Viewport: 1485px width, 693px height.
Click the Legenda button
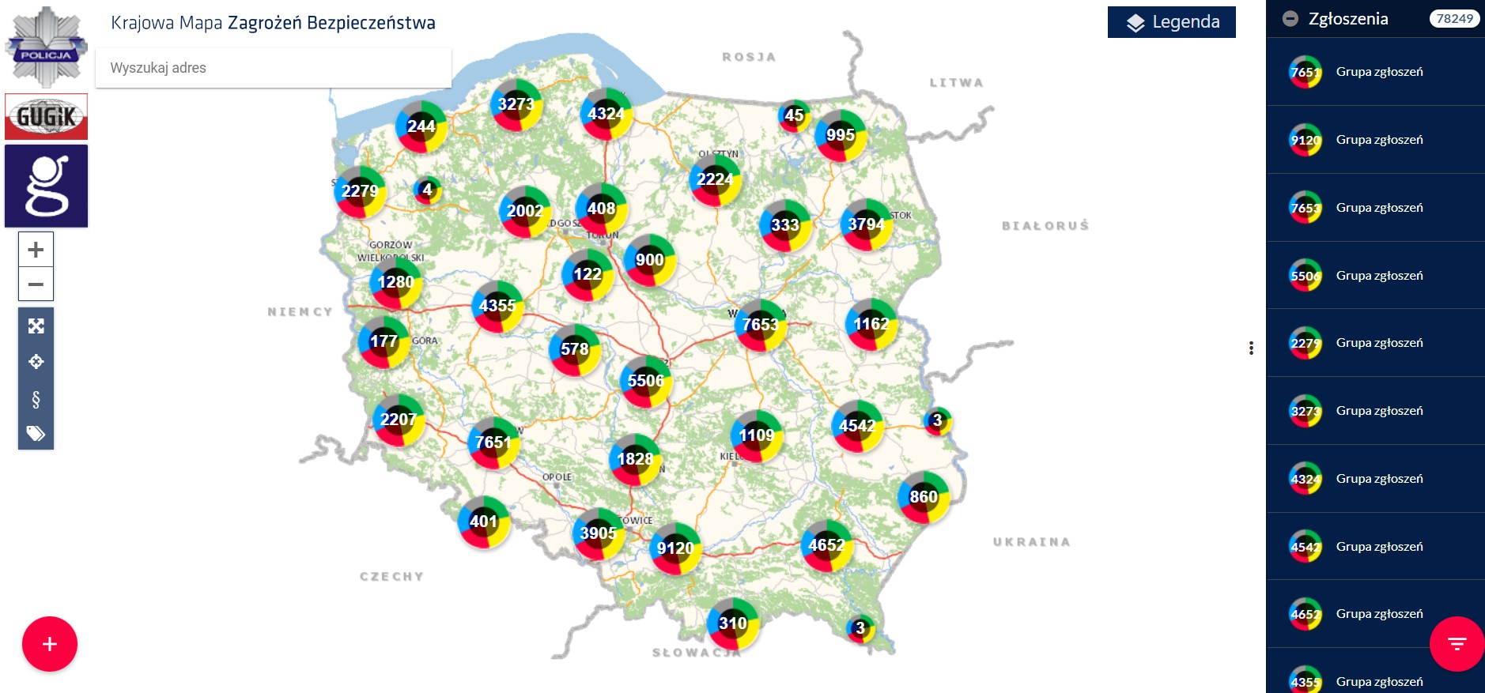click(x=1171, y=22)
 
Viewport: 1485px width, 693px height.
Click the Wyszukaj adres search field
click(x=273, y=68)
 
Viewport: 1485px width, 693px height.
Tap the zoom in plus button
click(x=36, y=250)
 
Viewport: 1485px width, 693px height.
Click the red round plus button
click(x=50, y=644)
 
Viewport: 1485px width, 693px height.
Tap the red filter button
click(x=1457, y=644)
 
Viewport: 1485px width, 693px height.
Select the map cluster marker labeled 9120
click(x=675, y=548)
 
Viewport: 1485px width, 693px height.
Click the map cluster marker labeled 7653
click(x=761, y=325)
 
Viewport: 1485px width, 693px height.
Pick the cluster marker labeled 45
click(x=794, y=116)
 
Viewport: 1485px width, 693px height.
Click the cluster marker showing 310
click(x=733, y=623)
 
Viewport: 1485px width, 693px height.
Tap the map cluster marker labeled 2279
click(x=361, y=191)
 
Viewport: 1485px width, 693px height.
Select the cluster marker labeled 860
click(x=924, y=497)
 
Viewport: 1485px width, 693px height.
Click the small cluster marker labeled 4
click(x=427, y=190)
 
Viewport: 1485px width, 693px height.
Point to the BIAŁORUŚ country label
click(x=1045, y=226)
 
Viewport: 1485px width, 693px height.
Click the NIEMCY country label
click(x=300, y=312)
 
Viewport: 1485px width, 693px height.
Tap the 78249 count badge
click(x=1454, y=19)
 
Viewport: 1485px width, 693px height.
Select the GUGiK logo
click(x=46, y=117)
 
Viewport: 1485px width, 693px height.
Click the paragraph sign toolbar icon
click(x=36, y=399)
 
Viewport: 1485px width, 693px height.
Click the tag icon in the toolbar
click(x=36, y=433)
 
